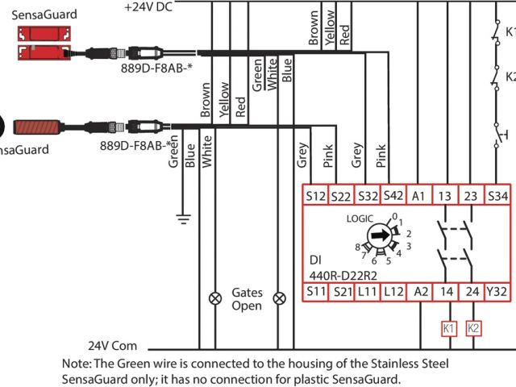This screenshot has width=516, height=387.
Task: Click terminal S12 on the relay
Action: (315, 196)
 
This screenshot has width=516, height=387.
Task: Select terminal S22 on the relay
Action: (341, 196)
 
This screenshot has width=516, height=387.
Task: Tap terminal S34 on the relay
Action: (497, 196)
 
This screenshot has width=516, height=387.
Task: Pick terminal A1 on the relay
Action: (418, 196)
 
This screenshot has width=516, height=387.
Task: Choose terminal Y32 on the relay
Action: (497, 291)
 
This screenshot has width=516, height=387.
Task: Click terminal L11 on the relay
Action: (368, 291)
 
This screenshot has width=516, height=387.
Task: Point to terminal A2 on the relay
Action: (419, 291)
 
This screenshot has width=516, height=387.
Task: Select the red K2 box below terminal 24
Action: (473, 328)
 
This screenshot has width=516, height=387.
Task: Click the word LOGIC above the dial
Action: (360, 218)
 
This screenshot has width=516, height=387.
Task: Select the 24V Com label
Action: (113, 345)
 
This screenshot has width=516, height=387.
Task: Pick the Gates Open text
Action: (247, 299)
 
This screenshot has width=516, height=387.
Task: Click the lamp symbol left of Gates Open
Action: (215, 298)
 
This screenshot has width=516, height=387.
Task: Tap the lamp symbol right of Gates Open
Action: (280, 298)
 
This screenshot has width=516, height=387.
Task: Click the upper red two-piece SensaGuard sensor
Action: (37, 44)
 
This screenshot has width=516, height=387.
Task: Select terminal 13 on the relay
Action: (445, 196)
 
